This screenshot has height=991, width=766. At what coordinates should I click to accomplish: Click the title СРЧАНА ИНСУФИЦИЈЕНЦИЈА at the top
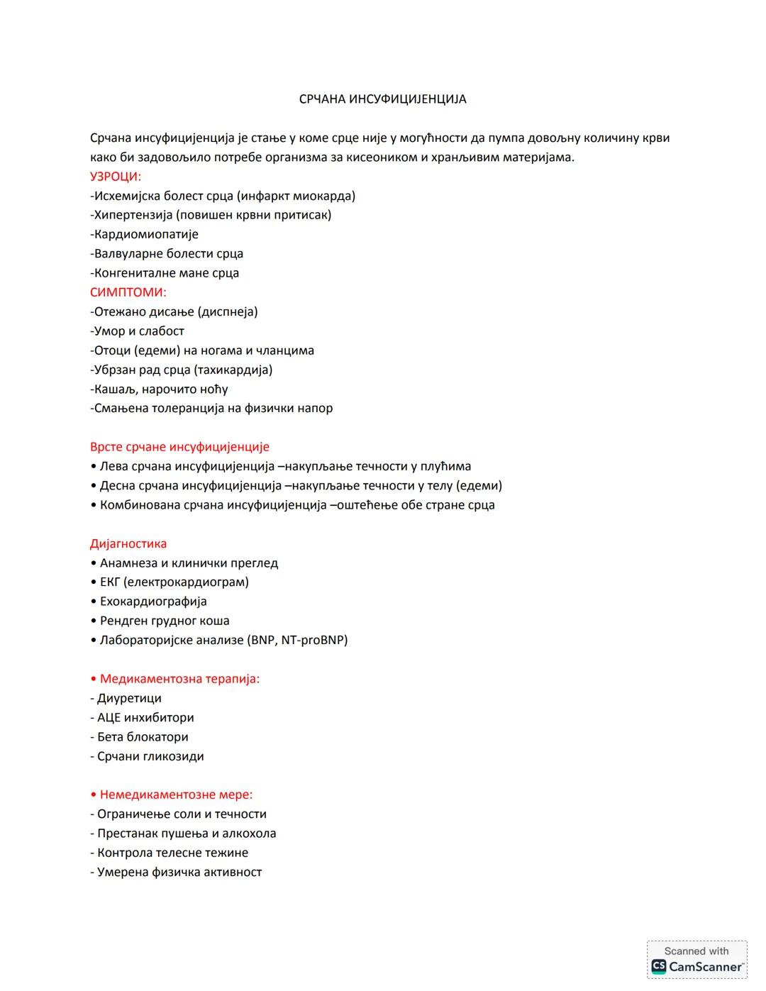(382, 99)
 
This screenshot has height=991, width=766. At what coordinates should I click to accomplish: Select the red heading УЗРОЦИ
(116, 177)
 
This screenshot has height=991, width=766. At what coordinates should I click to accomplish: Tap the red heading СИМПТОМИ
(128, 292)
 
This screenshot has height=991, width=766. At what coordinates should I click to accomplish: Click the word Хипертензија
(133, 215)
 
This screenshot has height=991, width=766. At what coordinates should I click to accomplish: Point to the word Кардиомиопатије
(146, 234)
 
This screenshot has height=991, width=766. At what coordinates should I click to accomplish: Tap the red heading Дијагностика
(128, 544)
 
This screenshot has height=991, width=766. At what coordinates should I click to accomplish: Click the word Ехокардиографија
(153, 602)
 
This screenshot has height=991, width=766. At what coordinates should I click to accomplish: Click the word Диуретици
(129, 699)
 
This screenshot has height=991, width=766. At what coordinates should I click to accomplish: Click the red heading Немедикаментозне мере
(176, 795)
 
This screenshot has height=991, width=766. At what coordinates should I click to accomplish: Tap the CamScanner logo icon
(659, 966)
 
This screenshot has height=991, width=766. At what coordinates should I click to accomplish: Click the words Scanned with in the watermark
(696, 951)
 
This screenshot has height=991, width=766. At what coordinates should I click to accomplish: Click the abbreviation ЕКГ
(110, 582)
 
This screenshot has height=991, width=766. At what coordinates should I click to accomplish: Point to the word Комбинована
(139, 505)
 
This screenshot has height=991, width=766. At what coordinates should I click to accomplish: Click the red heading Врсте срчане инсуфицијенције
(179, 447)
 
